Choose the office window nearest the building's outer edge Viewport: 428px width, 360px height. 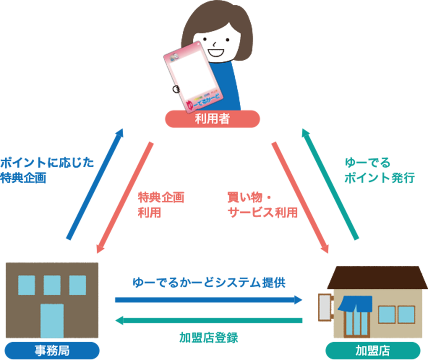26,285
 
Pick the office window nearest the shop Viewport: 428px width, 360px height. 78,285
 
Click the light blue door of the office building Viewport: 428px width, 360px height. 52,321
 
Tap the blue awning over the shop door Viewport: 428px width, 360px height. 355,303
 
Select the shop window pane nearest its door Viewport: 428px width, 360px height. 386,314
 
